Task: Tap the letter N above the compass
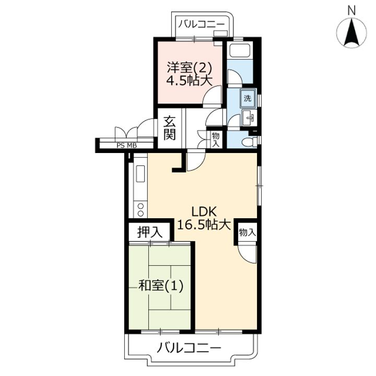point(351,10)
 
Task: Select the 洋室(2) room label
point(190,68)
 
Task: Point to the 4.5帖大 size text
point(190,81)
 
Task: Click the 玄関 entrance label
point(170,128)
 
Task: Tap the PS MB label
point(126,145)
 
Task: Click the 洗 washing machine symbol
point(248,98)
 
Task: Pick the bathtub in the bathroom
point(240,50)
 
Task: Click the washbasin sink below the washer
point(250,118)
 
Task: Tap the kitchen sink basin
point(140,173)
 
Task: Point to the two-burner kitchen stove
point(141,209)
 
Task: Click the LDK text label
point(204,212)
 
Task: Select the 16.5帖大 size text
point(204,225)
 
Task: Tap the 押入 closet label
point(150,232)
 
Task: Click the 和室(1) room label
point(161,285)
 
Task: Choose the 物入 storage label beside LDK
point(246,232)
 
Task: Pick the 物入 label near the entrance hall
point(216,140)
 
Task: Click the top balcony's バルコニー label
point(202,24)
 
